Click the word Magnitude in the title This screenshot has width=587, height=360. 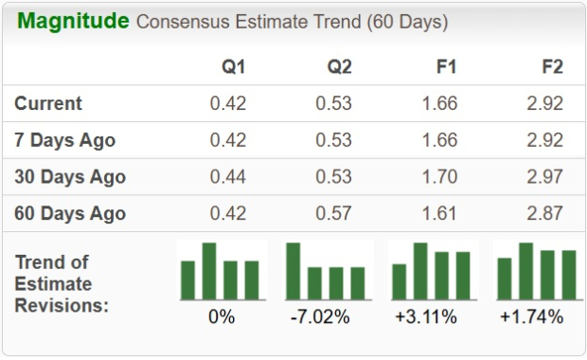(x=73, y=21)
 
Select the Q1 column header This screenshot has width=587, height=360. (x=232, y=67)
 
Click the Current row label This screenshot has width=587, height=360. (x=48, y=104)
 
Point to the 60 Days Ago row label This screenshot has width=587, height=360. (x=70, y=213)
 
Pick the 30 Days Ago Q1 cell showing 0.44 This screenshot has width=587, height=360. (x=228, y=177)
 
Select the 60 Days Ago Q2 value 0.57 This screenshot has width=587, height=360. (x=332, y=213)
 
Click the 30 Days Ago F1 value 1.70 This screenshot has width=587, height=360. (x=439, y=177)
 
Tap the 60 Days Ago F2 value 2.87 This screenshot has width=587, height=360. (x=544, y=213)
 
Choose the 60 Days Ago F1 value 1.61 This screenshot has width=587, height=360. (x=439, y=213)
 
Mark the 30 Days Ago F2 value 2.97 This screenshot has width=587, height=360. (x=544, y=177)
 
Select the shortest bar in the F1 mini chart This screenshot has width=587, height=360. (x=400, y=281)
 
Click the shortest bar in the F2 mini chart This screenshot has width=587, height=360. (x=505, y=279)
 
